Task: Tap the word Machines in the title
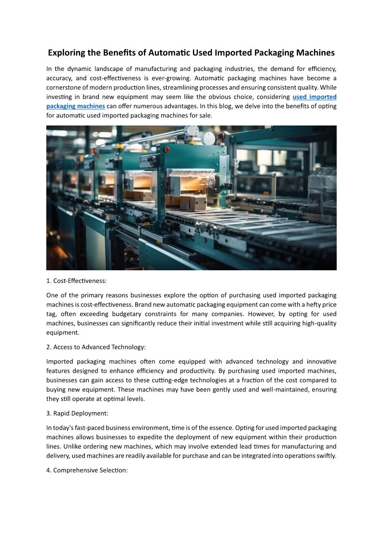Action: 314,53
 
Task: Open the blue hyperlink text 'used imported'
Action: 315,97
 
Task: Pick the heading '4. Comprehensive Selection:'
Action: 87,470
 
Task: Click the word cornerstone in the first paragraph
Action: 66,87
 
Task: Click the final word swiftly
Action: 324,456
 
